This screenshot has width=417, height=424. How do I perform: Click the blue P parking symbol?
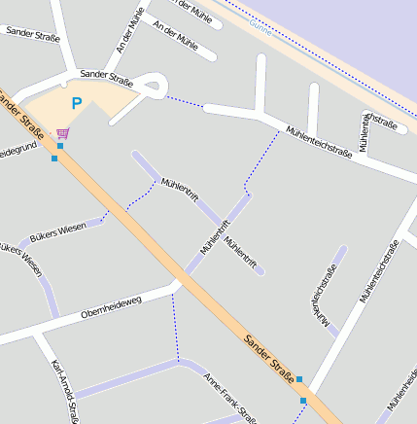[x=76, y=102]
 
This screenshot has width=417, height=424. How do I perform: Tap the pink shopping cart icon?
[x=63, y=132]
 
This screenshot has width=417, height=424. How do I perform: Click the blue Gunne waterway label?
[x=261, y=28]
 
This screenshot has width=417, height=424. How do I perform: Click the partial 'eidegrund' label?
[x=17, y=152]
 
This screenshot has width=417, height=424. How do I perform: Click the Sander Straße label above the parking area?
[x=107, y=75]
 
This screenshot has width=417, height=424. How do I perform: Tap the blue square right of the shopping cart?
[x=60, y=146]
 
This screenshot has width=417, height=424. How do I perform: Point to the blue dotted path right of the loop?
[x=185, y=100]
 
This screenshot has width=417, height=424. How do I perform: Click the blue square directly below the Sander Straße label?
[x=304, y=400]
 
